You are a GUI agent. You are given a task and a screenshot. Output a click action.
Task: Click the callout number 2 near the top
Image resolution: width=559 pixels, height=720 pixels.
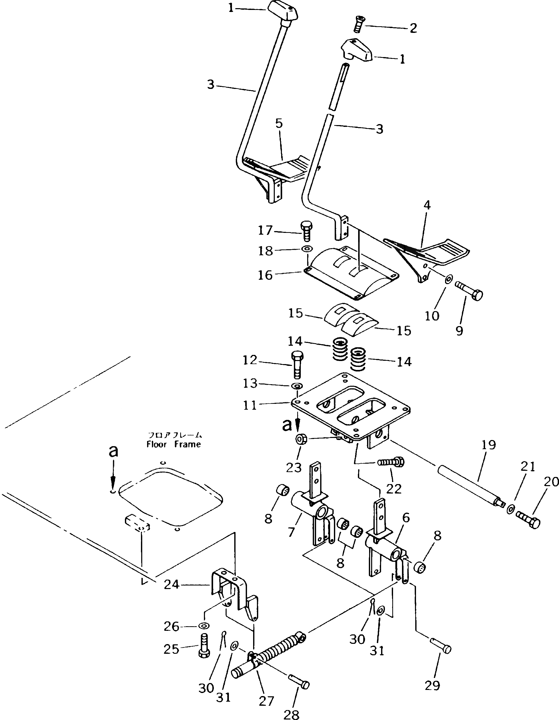pyautogui.click(x=413, y=28)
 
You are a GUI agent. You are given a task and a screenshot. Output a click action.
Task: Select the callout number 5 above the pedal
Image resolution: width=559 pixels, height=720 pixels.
pyautogui.click(x=279, y=124)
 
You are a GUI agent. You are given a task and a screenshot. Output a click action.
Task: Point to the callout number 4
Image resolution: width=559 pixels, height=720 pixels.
pyautogui.click(x=427, y=205)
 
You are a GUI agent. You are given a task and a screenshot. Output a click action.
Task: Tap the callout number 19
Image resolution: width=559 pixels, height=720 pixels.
pyautogui.click(x=488, y=445)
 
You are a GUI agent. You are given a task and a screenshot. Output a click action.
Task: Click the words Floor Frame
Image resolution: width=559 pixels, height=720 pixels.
pyautogui.click(x=174, y=444)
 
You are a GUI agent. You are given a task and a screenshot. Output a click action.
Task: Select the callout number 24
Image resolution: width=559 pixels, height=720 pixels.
pyautogui.click(x=172, y=584)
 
